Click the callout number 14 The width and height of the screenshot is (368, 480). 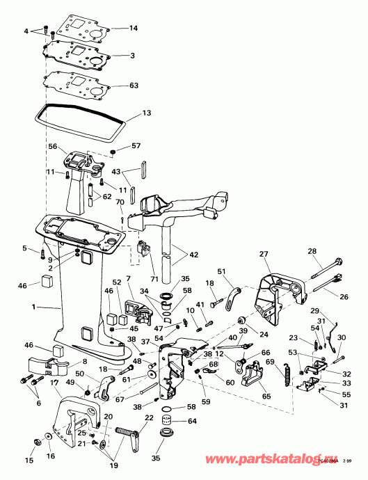click(x=134, y=29)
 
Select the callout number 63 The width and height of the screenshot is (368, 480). click(x=134, y=87)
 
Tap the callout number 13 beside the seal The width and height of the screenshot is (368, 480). click(x=145, y=113)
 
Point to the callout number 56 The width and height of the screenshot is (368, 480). click(x=52, y=147)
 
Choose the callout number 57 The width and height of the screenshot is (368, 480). click(x=136, y=147)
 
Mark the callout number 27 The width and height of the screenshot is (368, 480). click(x=264, y=254)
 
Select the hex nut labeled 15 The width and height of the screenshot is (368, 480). click(x=37, y=442)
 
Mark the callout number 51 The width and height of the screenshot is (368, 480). click(x=222, y=272)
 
